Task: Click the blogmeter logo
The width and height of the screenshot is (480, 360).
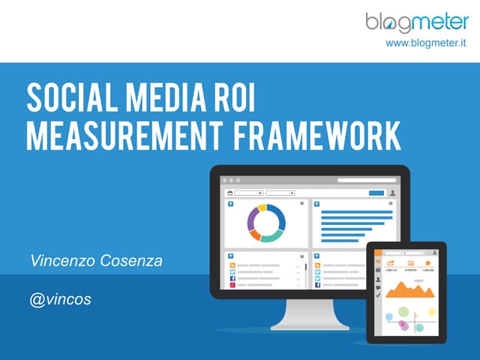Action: pyautogui.click(x=417, y=23)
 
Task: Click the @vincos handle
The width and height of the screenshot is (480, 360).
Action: pyautogui.click(x=61, y=298)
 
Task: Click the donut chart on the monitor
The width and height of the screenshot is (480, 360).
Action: pyautogui.click(x=266, y=223)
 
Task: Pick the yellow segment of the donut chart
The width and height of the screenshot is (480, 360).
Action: pyautogui.click(x=262, y=208)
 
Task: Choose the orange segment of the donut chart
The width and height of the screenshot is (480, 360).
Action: pyautogui.click(x=256, y=235)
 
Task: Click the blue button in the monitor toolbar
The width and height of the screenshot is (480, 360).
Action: pyautogui.click(x=376, y=193)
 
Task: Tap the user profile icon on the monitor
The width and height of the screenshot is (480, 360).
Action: pyautogui.click(x=392, y=193)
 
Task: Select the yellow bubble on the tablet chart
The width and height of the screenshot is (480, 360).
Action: pyautogui.click(x=432, y=311)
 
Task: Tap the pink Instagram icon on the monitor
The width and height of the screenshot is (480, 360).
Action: pyautogui.click(x=232, y=285)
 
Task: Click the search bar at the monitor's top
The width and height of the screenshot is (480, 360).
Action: pyautogui.click(x=366, y=180)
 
